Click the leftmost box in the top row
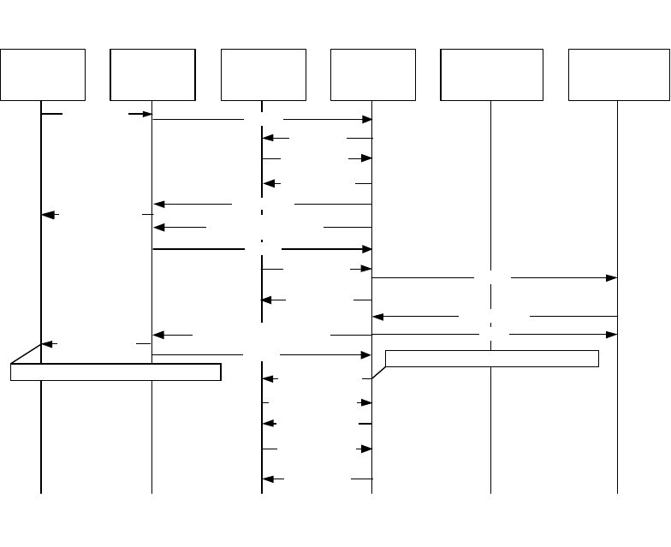(x=43, y=74)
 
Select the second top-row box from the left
(x=152, y=74)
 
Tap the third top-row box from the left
(x=263, y=74)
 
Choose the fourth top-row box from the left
(x=373, y=74)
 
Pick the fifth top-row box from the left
(x=491, y=74)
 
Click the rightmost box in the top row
(x=618, y=74)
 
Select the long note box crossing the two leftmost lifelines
(x=116, y=372)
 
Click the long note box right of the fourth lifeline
(x=491, y=358)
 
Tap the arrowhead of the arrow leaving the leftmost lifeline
(x=146, y=113)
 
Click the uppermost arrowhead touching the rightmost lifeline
(x=612, y=278)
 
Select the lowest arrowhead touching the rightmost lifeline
(x=612, y=334)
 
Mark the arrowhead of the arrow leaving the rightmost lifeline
(x=378, y=317)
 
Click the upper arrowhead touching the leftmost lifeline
(x=48, y=215)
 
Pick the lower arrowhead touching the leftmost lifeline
(x=48, y=344)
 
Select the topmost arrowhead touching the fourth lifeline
(x=367, y=120)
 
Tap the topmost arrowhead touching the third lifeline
(x=268, y=138)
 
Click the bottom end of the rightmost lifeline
(x=617, y=493)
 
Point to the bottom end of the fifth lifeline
(x=490, y=493)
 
